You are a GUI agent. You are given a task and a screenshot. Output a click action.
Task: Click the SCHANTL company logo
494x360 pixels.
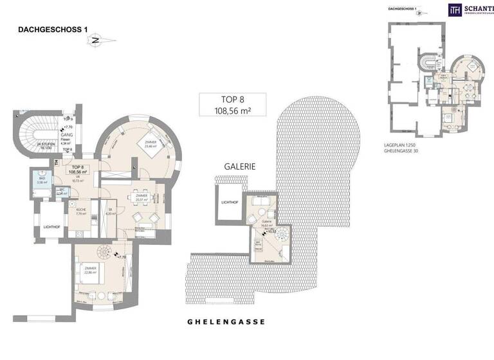(470, 9)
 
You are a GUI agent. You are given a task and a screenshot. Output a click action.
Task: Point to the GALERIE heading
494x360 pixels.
(240, 166)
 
